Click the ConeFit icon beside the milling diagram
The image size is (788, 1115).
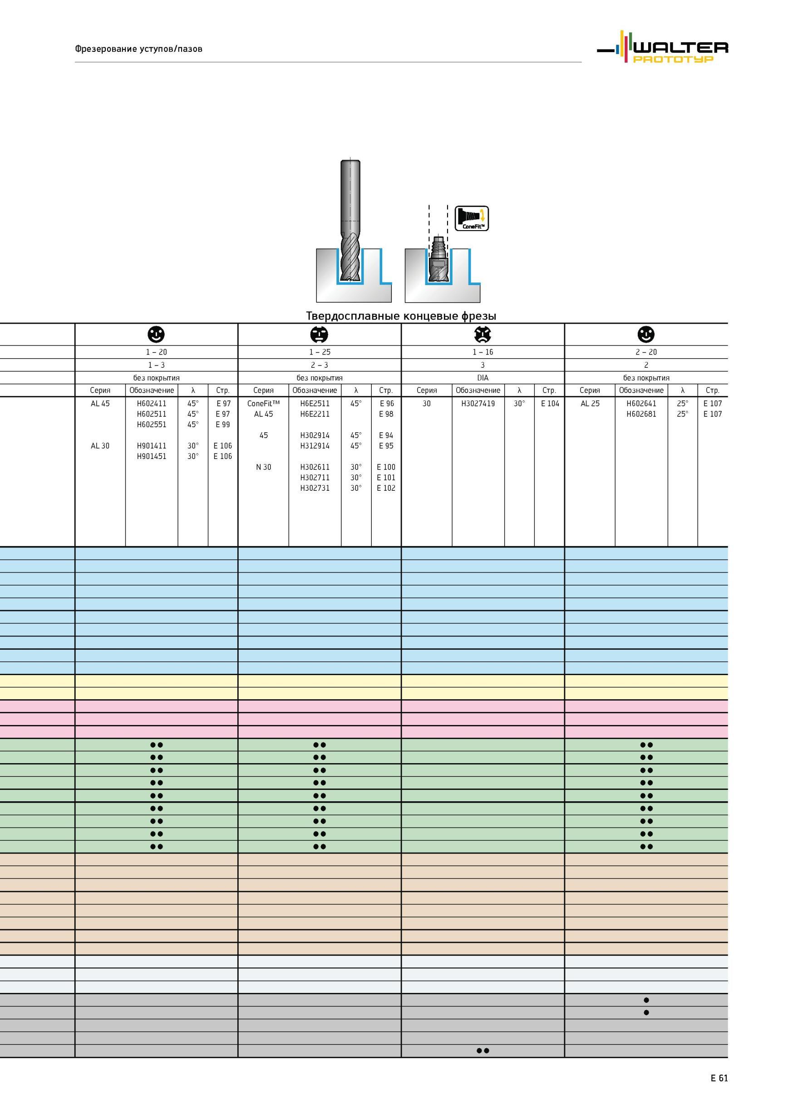[x=472, y=218]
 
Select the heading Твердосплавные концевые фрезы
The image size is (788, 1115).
[x=401, y=316]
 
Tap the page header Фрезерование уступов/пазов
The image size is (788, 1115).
[x=138, y=49]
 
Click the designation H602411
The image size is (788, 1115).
[x=152, y=404]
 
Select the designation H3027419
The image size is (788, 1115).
[x=478, y=404]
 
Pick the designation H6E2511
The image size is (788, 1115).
[x=315, y=404]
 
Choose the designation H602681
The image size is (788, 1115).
[x=641, y=414]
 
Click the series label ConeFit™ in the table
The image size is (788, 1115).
[x=264, y=404]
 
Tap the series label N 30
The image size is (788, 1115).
[x=264, y=467]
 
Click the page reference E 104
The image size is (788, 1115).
[x=550, y=404]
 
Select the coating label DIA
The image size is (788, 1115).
[x=483, y=378]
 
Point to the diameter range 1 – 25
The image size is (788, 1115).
[x=320, y=352]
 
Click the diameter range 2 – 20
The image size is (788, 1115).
[x=646, y=352]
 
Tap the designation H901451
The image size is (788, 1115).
[x=152, y=457]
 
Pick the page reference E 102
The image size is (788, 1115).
[x=386, y=488]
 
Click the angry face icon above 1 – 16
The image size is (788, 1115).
[x=483, y=334]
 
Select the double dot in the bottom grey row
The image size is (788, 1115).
[x=483, y=1051]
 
